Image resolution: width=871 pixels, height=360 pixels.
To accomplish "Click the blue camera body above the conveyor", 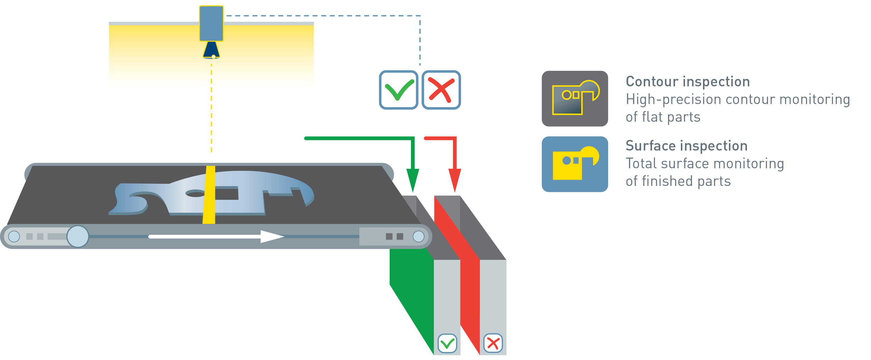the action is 211,23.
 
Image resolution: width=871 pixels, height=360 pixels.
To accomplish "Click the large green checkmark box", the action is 399,90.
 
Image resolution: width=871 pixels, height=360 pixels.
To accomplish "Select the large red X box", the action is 441,90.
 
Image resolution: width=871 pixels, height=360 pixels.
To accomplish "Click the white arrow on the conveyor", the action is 216,237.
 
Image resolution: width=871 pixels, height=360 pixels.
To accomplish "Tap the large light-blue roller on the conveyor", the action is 78,237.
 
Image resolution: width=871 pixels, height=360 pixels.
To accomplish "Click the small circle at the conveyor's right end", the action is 419,237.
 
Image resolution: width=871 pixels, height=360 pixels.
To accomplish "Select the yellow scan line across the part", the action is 209,195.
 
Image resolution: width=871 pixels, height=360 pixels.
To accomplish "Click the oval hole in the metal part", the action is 195,194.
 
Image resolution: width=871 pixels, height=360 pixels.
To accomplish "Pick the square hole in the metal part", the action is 227,193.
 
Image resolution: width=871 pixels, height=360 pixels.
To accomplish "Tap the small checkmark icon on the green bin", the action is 447,344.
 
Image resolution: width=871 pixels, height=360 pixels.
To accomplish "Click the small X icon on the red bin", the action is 493,344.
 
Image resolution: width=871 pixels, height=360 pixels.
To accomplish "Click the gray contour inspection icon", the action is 575,99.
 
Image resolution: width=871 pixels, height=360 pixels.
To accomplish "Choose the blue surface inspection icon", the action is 575,164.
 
